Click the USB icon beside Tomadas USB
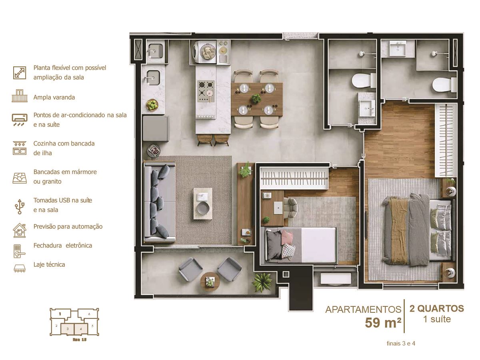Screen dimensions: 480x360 20,206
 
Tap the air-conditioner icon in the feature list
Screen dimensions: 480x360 20,120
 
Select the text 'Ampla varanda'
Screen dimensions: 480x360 54,97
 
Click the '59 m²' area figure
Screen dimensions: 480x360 383,323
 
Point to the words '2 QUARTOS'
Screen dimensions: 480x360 437,308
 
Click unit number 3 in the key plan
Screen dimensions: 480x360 68,329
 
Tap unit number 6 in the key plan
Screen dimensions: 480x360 89,314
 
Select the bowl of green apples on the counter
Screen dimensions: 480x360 152,105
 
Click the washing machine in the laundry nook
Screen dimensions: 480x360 204,52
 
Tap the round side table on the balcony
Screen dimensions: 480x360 210,282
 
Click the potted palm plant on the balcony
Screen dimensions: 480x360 262,282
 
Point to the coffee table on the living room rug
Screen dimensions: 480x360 203,204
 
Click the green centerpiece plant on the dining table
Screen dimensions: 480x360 256,99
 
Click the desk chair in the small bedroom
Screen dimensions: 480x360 290,208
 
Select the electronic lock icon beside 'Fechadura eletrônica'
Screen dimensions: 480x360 19,251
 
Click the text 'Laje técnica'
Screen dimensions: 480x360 49,265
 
